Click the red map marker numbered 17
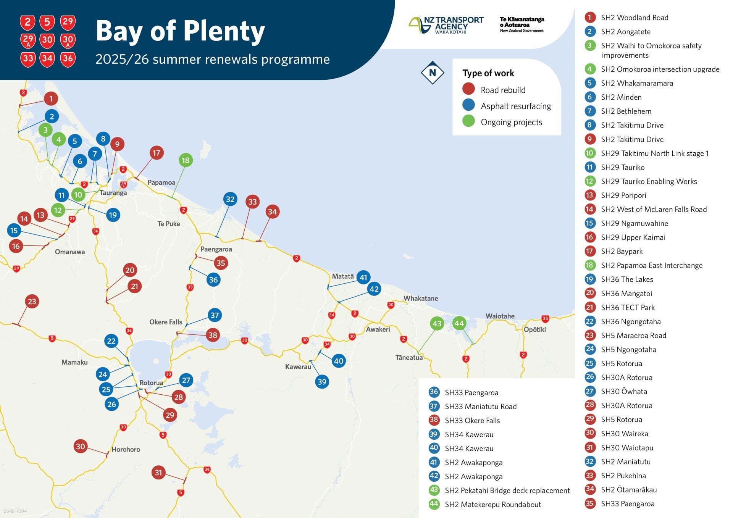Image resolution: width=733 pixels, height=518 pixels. [x=157, y=153]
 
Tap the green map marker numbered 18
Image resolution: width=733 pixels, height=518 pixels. [x=186, y=160]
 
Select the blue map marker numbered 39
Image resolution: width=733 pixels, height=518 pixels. [x=322, y=382]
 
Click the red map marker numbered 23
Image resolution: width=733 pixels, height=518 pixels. [x=32, y=302]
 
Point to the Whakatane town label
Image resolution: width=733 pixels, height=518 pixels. [x=421, y=299]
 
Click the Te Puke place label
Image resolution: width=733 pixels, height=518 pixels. [x=168, y=224]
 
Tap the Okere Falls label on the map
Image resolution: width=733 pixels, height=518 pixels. [x=166, y=322]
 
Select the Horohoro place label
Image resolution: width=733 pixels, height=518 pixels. [x=126, y=450]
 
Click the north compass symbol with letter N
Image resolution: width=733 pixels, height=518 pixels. [x=432, y=73]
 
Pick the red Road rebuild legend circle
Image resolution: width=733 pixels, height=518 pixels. [x=468, y=89]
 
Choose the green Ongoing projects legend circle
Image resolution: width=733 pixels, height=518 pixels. [x=468, y=121]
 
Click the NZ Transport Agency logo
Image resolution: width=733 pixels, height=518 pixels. [x=446, y=25]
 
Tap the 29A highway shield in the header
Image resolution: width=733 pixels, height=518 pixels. [x=28, y=40]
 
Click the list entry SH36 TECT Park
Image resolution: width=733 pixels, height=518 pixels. [x=627, y=308]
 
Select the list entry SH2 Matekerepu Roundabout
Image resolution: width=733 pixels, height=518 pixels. [x=492, y=505]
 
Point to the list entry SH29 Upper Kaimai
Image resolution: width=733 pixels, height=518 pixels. [x=633, y=237]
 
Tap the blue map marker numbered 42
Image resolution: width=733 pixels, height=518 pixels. [x=374, y=289]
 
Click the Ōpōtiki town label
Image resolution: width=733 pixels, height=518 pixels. [x=534, y=329]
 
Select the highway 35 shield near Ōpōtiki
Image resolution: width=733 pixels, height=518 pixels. [x=545, y=318]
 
